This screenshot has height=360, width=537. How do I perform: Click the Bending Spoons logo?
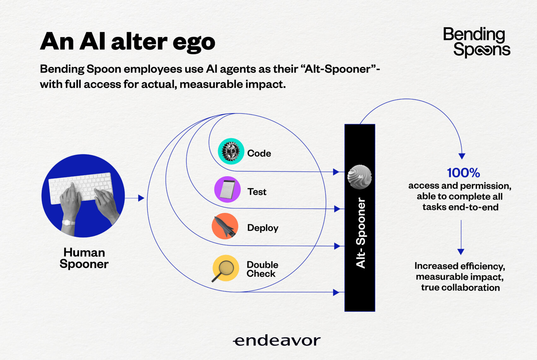tap(477, 42)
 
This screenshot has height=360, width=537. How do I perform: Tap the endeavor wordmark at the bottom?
tap(277, 341)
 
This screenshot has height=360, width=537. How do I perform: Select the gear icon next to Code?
tap(231, 151)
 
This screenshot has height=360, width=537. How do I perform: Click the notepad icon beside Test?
tap(227, 189)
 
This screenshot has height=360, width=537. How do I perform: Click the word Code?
tap(259, 153)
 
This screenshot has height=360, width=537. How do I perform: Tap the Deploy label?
tap(263, 228)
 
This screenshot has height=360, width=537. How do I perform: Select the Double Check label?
tap(262, 269)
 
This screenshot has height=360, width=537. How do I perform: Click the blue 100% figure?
tap(463, 173)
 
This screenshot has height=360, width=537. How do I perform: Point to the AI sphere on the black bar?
tap(359, 177)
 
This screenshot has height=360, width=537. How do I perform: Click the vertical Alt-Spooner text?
tap(361, 233)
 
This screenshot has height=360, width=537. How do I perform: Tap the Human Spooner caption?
tap(84, 258)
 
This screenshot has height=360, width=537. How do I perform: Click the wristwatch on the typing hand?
tap(68, 223)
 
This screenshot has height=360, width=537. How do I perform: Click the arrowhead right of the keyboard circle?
tap(141, 198)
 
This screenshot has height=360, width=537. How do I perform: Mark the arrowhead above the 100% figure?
tap(462, 156)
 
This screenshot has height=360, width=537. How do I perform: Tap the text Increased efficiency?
tap(460, 266)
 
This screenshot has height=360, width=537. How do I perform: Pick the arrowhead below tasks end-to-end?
tap(461, 252)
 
